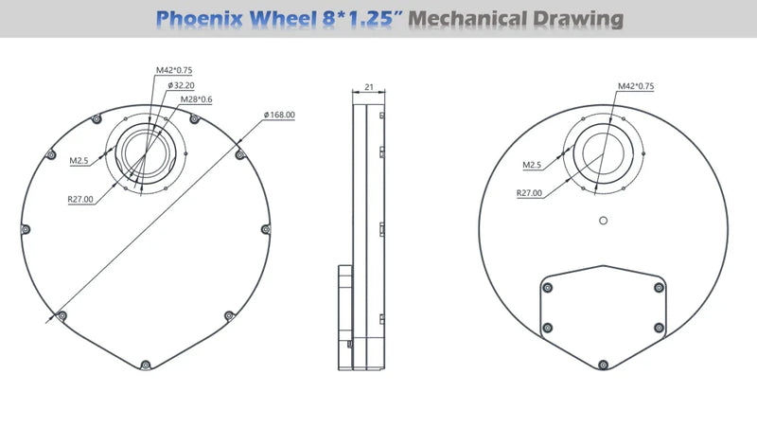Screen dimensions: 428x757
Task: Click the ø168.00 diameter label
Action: coord(279,116)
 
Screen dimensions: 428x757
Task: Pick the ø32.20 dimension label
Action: coord(184,85)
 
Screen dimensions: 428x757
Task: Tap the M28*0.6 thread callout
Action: coord(197,99)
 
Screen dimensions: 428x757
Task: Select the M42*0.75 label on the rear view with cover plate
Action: coord(636,86)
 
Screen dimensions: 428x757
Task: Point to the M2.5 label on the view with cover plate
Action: coord(533,165)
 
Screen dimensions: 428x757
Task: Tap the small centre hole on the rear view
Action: coord(603,222)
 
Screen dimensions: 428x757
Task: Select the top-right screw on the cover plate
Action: coord(659,288)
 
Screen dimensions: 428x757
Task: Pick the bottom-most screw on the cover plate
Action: coord(603,363)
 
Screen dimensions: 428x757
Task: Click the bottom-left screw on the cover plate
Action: coord(548,328)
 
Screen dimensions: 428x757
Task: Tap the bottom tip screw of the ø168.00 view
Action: coord(144,365)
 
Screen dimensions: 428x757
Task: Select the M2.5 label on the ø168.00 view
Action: coord(79,161)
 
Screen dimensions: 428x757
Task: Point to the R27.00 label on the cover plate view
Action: coord(529,193)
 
